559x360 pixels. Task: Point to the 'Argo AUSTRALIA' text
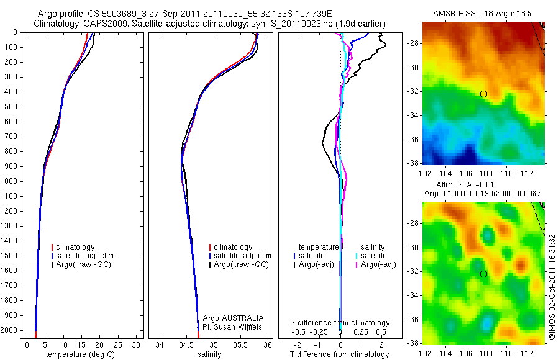229,318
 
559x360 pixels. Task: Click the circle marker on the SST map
483,94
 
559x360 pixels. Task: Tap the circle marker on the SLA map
483,274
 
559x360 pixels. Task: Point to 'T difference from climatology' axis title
340,354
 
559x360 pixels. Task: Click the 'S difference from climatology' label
340,323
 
